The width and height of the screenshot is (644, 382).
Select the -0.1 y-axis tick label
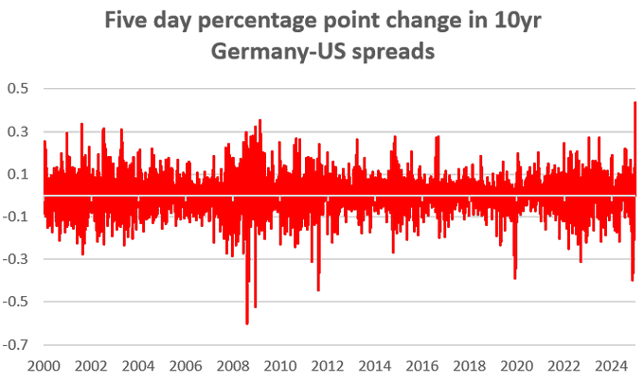click(18, 217)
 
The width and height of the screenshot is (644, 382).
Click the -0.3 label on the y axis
click(18, 259)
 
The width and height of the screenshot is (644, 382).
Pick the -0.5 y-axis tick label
click(18, 302)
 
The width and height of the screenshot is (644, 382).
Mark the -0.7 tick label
click(18, 345)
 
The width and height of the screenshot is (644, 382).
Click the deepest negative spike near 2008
click(247, 323)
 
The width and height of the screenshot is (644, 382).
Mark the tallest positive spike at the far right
click(635, 102)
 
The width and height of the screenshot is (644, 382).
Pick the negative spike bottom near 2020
click(515, 278)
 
